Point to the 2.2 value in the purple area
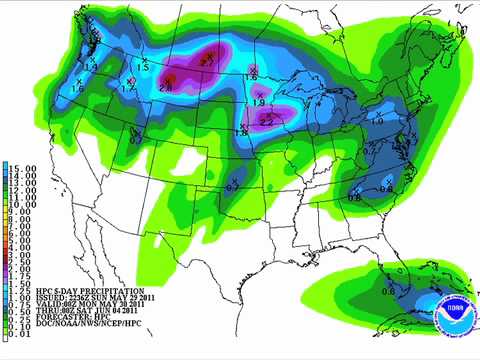pyautogui.click(x=267, y=121)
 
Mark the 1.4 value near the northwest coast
pyautogui.click(x=91, y=65)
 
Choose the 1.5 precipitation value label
pyautogui.click(x=142, y=67)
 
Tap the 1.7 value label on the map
pyautogui.click(x=128, y=89)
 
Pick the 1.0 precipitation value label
pyautogui.click(x=378, y=121)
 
